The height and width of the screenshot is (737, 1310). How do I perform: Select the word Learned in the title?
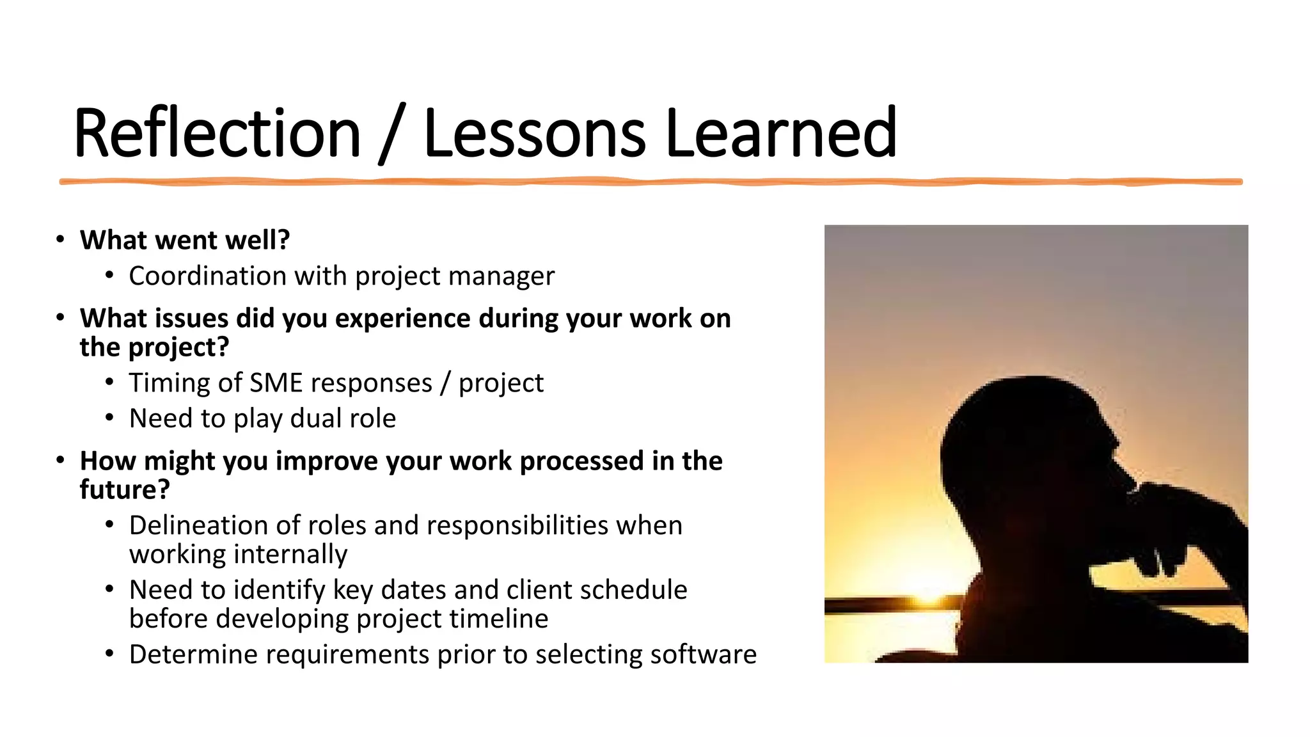click(x=781, y=133)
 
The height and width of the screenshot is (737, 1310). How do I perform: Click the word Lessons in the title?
click(x=535, y=133)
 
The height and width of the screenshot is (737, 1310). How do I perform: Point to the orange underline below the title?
click(x=651, y=182)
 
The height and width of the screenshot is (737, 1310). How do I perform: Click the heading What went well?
click(x=184, y=241)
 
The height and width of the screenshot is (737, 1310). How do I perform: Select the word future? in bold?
click(x=125, y=490)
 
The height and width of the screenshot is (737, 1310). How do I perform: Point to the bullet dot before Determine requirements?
click(x=109, y=654)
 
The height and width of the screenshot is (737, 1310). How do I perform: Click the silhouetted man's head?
click(x=1023, y=441)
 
